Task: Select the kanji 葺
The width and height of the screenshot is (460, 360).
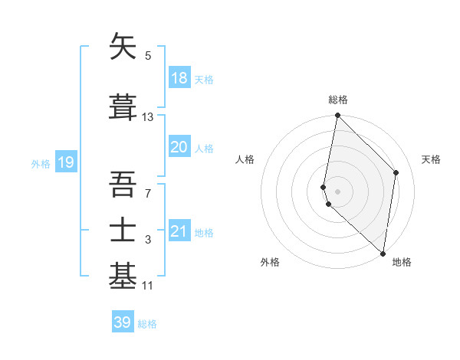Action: pos(124,106)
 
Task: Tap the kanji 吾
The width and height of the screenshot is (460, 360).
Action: pos(124,184)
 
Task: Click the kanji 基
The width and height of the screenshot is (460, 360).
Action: pos(124,277)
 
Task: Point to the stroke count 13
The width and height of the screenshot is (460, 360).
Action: pos(148,116)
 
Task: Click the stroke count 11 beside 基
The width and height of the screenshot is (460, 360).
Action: pos(148,286)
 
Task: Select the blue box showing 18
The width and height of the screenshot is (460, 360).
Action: pos(179,78)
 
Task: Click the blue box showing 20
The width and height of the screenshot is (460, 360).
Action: pos(179,147)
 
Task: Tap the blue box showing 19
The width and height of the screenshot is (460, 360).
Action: pos(65,162)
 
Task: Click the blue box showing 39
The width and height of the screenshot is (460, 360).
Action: pos(122,322)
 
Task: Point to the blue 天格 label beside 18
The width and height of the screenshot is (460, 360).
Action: pos(204,80)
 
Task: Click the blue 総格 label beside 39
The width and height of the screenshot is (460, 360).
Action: pos(147,324)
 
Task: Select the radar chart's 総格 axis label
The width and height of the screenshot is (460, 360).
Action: pos(338,100)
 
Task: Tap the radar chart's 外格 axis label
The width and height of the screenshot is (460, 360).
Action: pos(270,262)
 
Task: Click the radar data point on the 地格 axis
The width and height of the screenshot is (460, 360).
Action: pos(383,254)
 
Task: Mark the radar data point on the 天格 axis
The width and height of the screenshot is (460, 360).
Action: pos(396,172)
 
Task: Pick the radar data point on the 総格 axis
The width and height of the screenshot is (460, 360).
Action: pos(337,116)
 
